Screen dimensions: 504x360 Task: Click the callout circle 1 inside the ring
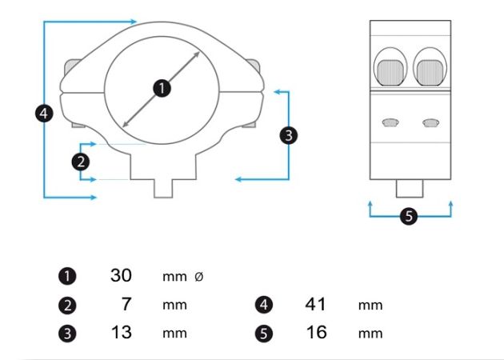[162, 88]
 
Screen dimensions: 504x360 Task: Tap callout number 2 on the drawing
[80, 162]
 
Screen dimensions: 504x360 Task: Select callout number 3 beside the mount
[288, 135]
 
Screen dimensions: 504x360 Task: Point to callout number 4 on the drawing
[44, 113]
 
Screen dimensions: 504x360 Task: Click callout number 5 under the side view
[409, 216]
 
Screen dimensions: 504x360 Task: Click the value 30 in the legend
[121, 275]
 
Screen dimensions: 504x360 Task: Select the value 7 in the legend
[126, 304]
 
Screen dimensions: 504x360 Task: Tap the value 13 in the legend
[121, 332]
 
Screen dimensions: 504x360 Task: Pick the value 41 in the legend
[316, 304]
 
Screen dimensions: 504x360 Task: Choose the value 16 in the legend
[316, 332]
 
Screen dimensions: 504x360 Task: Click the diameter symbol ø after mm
[199, 277]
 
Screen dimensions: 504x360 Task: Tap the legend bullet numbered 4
[264, 305]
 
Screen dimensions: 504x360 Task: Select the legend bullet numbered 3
[67, 334]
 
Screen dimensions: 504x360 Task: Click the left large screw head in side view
[390, 73]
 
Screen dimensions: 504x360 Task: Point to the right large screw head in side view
[430, 73]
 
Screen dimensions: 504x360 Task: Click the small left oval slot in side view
[390, 122]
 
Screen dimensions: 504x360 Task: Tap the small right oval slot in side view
[430, 122]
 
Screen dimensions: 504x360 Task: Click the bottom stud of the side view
[409, 188]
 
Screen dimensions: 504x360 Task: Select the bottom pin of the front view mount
[163, 188]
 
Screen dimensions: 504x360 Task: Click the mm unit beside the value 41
[370, 306]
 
